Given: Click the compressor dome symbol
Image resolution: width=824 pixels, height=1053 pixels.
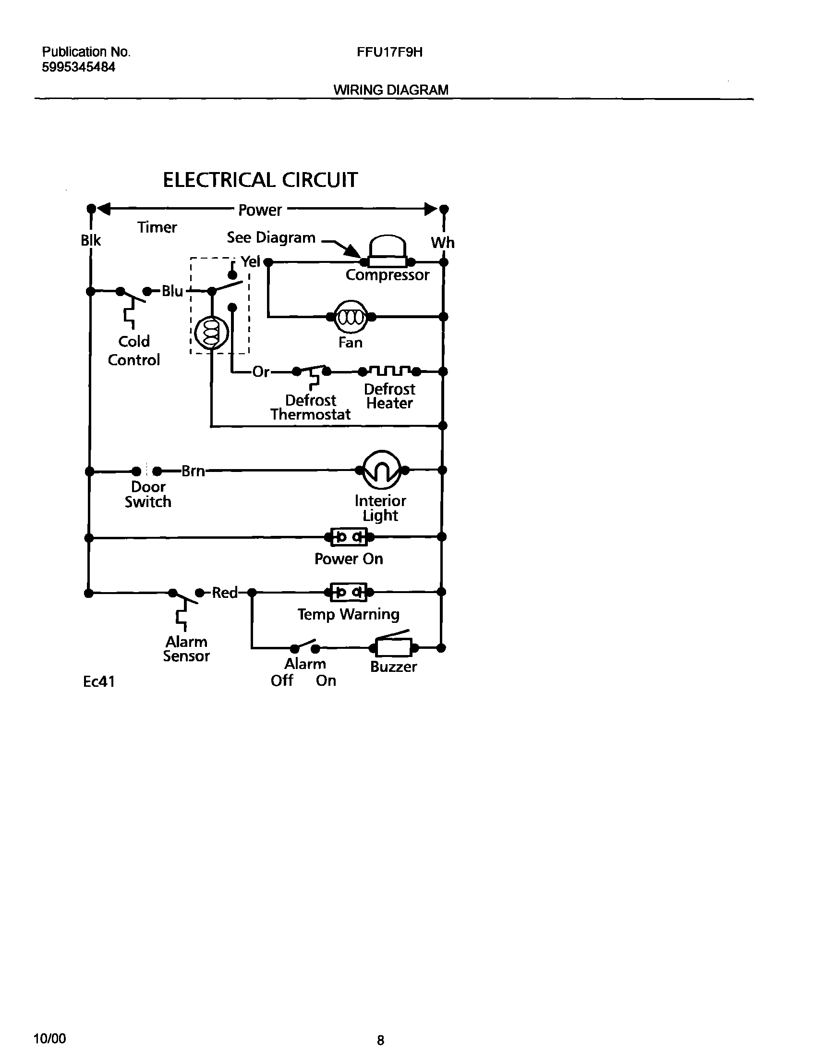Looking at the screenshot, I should coord(387,249).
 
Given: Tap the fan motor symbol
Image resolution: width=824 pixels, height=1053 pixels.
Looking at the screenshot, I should coord(351,317).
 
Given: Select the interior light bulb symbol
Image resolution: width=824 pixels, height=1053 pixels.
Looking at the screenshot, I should coord(382,470).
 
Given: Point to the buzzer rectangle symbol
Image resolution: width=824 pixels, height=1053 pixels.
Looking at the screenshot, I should coord(394,647).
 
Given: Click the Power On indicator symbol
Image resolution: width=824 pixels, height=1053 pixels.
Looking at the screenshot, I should coord(349,537).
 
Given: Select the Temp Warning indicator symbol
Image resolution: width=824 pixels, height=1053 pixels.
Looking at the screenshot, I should coord(349,592).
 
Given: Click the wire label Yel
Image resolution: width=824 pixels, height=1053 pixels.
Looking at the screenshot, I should coord(250,261).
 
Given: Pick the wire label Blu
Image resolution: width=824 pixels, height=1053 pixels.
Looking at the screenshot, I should coord(172,291).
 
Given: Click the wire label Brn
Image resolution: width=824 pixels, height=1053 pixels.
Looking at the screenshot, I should coord(193,471).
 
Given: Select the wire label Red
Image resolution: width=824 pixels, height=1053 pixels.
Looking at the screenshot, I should coord(225,593).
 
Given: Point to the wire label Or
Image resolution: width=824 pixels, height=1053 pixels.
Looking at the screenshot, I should coord(261,372).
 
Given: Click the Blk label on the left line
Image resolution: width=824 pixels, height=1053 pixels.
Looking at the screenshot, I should coord(91,240).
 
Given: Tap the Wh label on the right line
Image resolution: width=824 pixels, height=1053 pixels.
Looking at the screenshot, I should coord(442,242).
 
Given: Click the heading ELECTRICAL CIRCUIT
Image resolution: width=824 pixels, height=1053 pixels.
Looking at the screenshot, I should coord(260,180).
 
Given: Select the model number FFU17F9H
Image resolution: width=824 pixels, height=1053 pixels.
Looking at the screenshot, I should coord(389,52).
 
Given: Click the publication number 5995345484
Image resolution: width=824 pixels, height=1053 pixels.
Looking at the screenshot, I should coord(79,67).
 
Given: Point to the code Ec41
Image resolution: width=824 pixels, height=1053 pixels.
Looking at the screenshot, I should coord(99,681).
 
